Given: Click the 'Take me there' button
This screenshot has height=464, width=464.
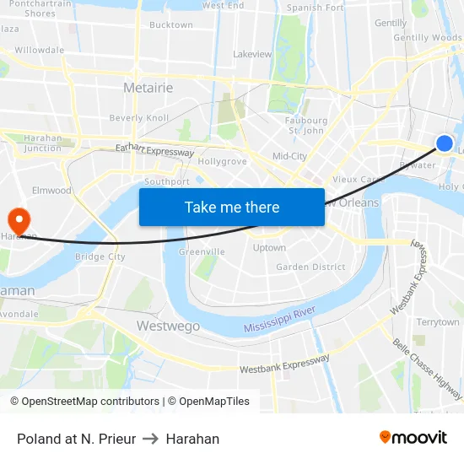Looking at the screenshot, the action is coord(232,208).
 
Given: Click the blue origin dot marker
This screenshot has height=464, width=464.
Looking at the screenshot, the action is coord(445,143).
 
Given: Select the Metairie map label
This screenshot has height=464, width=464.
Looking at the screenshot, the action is coord(148,88).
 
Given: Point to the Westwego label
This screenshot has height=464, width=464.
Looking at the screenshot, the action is coord(168,326).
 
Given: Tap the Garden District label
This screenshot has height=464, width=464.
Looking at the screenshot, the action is coord(310,267).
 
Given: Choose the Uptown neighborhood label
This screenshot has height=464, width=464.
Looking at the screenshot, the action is coord(269,248).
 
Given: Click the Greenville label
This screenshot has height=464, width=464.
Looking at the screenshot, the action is coord(202,251).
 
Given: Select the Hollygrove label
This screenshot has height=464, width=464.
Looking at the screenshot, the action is coord(223,160).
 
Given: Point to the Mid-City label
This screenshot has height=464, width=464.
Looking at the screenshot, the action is coord(289,156).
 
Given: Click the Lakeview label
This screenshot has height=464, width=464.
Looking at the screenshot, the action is coord(252,54).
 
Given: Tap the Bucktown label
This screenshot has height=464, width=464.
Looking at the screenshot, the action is coord(170,25).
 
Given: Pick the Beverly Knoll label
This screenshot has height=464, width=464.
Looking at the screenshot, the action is coord(139,118).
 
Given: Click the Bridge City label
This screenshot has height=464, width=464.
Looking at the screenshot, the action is coord(100,256).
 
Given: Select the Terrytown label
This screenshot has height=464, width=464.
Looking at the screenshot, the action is coord(438,322).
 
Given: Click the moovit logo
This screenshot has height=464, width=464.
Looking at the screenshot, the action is coord(413,437).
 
